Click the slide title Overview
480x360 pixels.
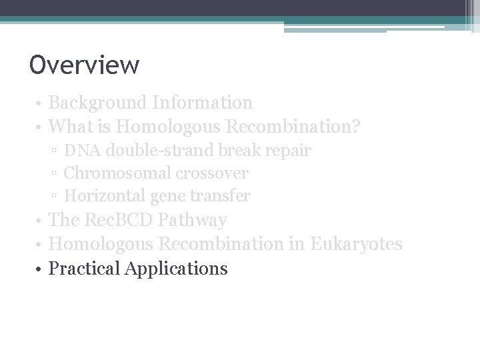coord(85,65)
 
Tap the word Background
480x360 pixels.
coord(97,103)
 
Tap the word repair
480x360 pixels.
coord(288,151)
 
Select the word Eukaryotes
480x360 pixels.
coord(356,244)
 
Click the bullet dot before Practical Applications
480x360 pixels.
coord(41,269)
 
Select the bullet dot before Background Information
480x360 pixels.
coord(41,103)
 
